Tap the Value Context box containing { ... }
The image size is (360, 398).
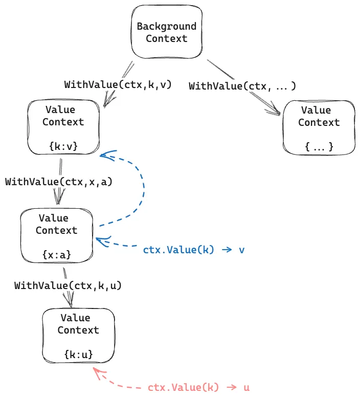[x=319, y=127]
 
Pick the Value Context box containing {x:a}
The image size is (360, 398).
[x=56, y=235]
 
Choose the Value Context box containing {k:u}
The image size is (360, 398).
[x=78, y=336]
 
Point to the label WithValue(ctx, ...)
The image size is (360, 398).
[x=242, y=86]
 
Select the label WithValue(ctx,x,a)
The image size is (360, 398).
[x=59, y=182]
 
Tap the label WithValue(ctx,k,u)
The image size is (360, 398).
[x=68, y=285]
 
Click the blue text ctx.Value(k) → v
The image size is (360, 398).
[x=194, y=250]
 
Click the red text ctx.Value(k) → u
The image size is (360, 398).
[x=198, y=387]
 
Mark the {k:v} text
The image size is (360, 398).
[x=63, y=146]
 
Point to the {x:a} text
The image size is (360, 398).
[x=56, y=254]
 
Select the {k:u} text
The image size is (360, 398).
[x=78, y=354]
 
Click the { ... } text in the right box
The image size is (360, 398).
[x=319, y=147]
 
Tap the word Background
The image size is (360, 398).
[x=166, y=27]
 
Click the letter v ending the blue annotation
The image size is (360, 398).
[x=241, y=250]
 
